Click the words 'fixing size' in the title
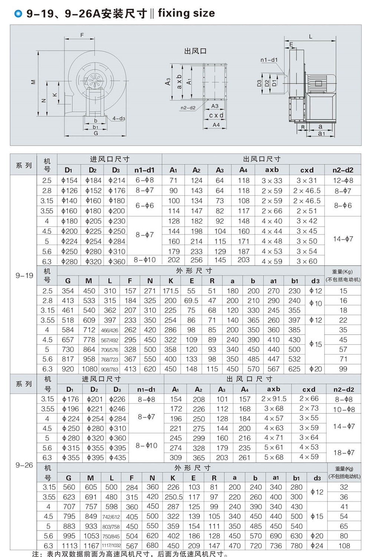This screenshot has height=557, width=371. [186, 13]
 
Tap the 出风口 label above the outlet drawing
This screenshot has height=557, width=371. [195, 51]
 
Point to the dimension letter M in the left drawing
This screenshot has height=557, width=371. [33, 82]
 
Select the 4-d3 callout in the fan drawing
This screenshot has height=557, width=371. [119, 118]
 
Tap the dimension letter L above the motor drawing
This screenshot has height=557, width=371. [311, 36]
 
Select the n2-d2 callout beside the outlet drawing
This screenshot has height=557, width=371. [188, 108]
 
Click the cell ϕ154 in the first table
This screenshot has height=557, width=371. [69, 181]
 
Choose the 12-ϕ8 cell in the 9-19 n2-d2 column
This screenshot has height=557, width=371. [343, 181]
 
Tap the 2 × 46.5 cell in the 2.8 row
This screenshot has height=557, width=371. [307, 191]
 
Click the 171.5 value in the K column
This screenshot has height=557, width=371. [171, 291]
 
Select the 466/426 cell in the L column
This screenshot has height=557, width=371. [109, 330]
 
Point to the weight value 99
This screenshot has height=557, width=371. [343, 369]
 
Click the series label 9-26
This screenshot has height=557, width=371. [24, 465]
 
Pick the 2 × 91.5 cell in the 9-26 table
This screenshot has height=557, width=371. [274, 399]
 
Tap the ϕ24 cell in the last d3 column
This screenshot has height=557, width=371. [316, 546]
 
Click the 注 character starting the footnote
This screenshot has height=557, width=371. [36, 554]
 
